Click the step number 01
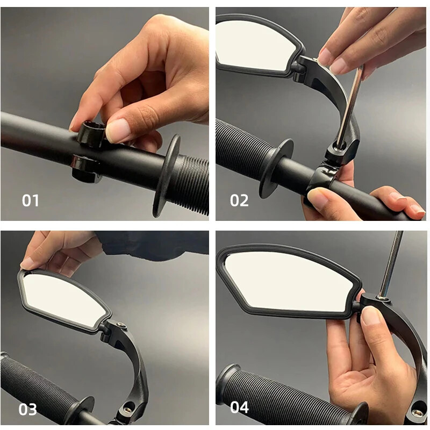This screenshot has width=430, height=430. pyautogui.click(x=31, y=200)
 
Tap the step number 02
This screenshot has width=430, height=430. pyautogui.click(x=239, y=200)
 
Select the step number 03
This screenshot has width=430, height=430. pyautogui.click(x=28, y=409)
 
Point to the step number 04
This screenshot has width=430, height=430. pyautogui.click(x=240, y=407)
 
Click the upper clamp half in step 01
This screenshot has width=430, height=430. pyautogui.click(x=91, y=134)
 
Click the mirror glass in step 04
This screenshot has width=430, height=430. pyautogui.click(x=288, y=282)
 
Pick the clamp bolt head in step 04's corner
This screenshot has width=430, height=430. pyautogui.click(x=417, y=413)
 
